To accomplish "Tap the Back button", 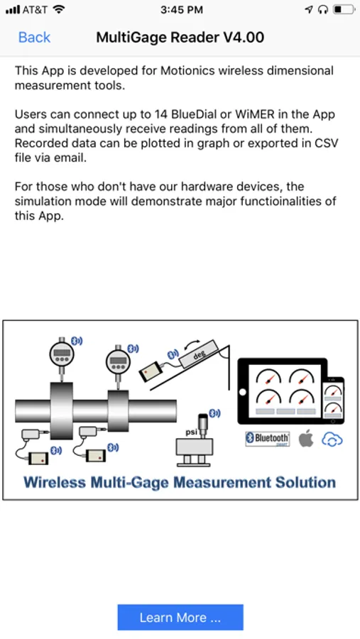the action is coord(34,38).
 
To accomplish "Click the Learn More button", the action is coord(180,618).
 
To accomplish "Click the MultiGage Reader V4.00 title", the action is coord(180,38).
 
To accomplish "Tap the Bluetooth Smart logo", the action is coord(268,439).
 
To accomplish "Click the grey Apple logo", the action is coord(306,439).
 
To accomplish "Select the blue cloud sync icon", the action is coord(332,439).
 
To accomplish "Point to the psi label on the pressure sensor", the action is coord(191,432).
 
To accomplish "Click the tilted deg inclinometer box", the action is coord(200,354).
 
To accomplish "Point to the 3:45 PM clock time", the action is coord(182,10).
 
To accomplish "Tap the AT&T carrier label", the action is coord(37,10).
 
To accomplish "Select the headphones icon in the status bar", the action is coord(323,10).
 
